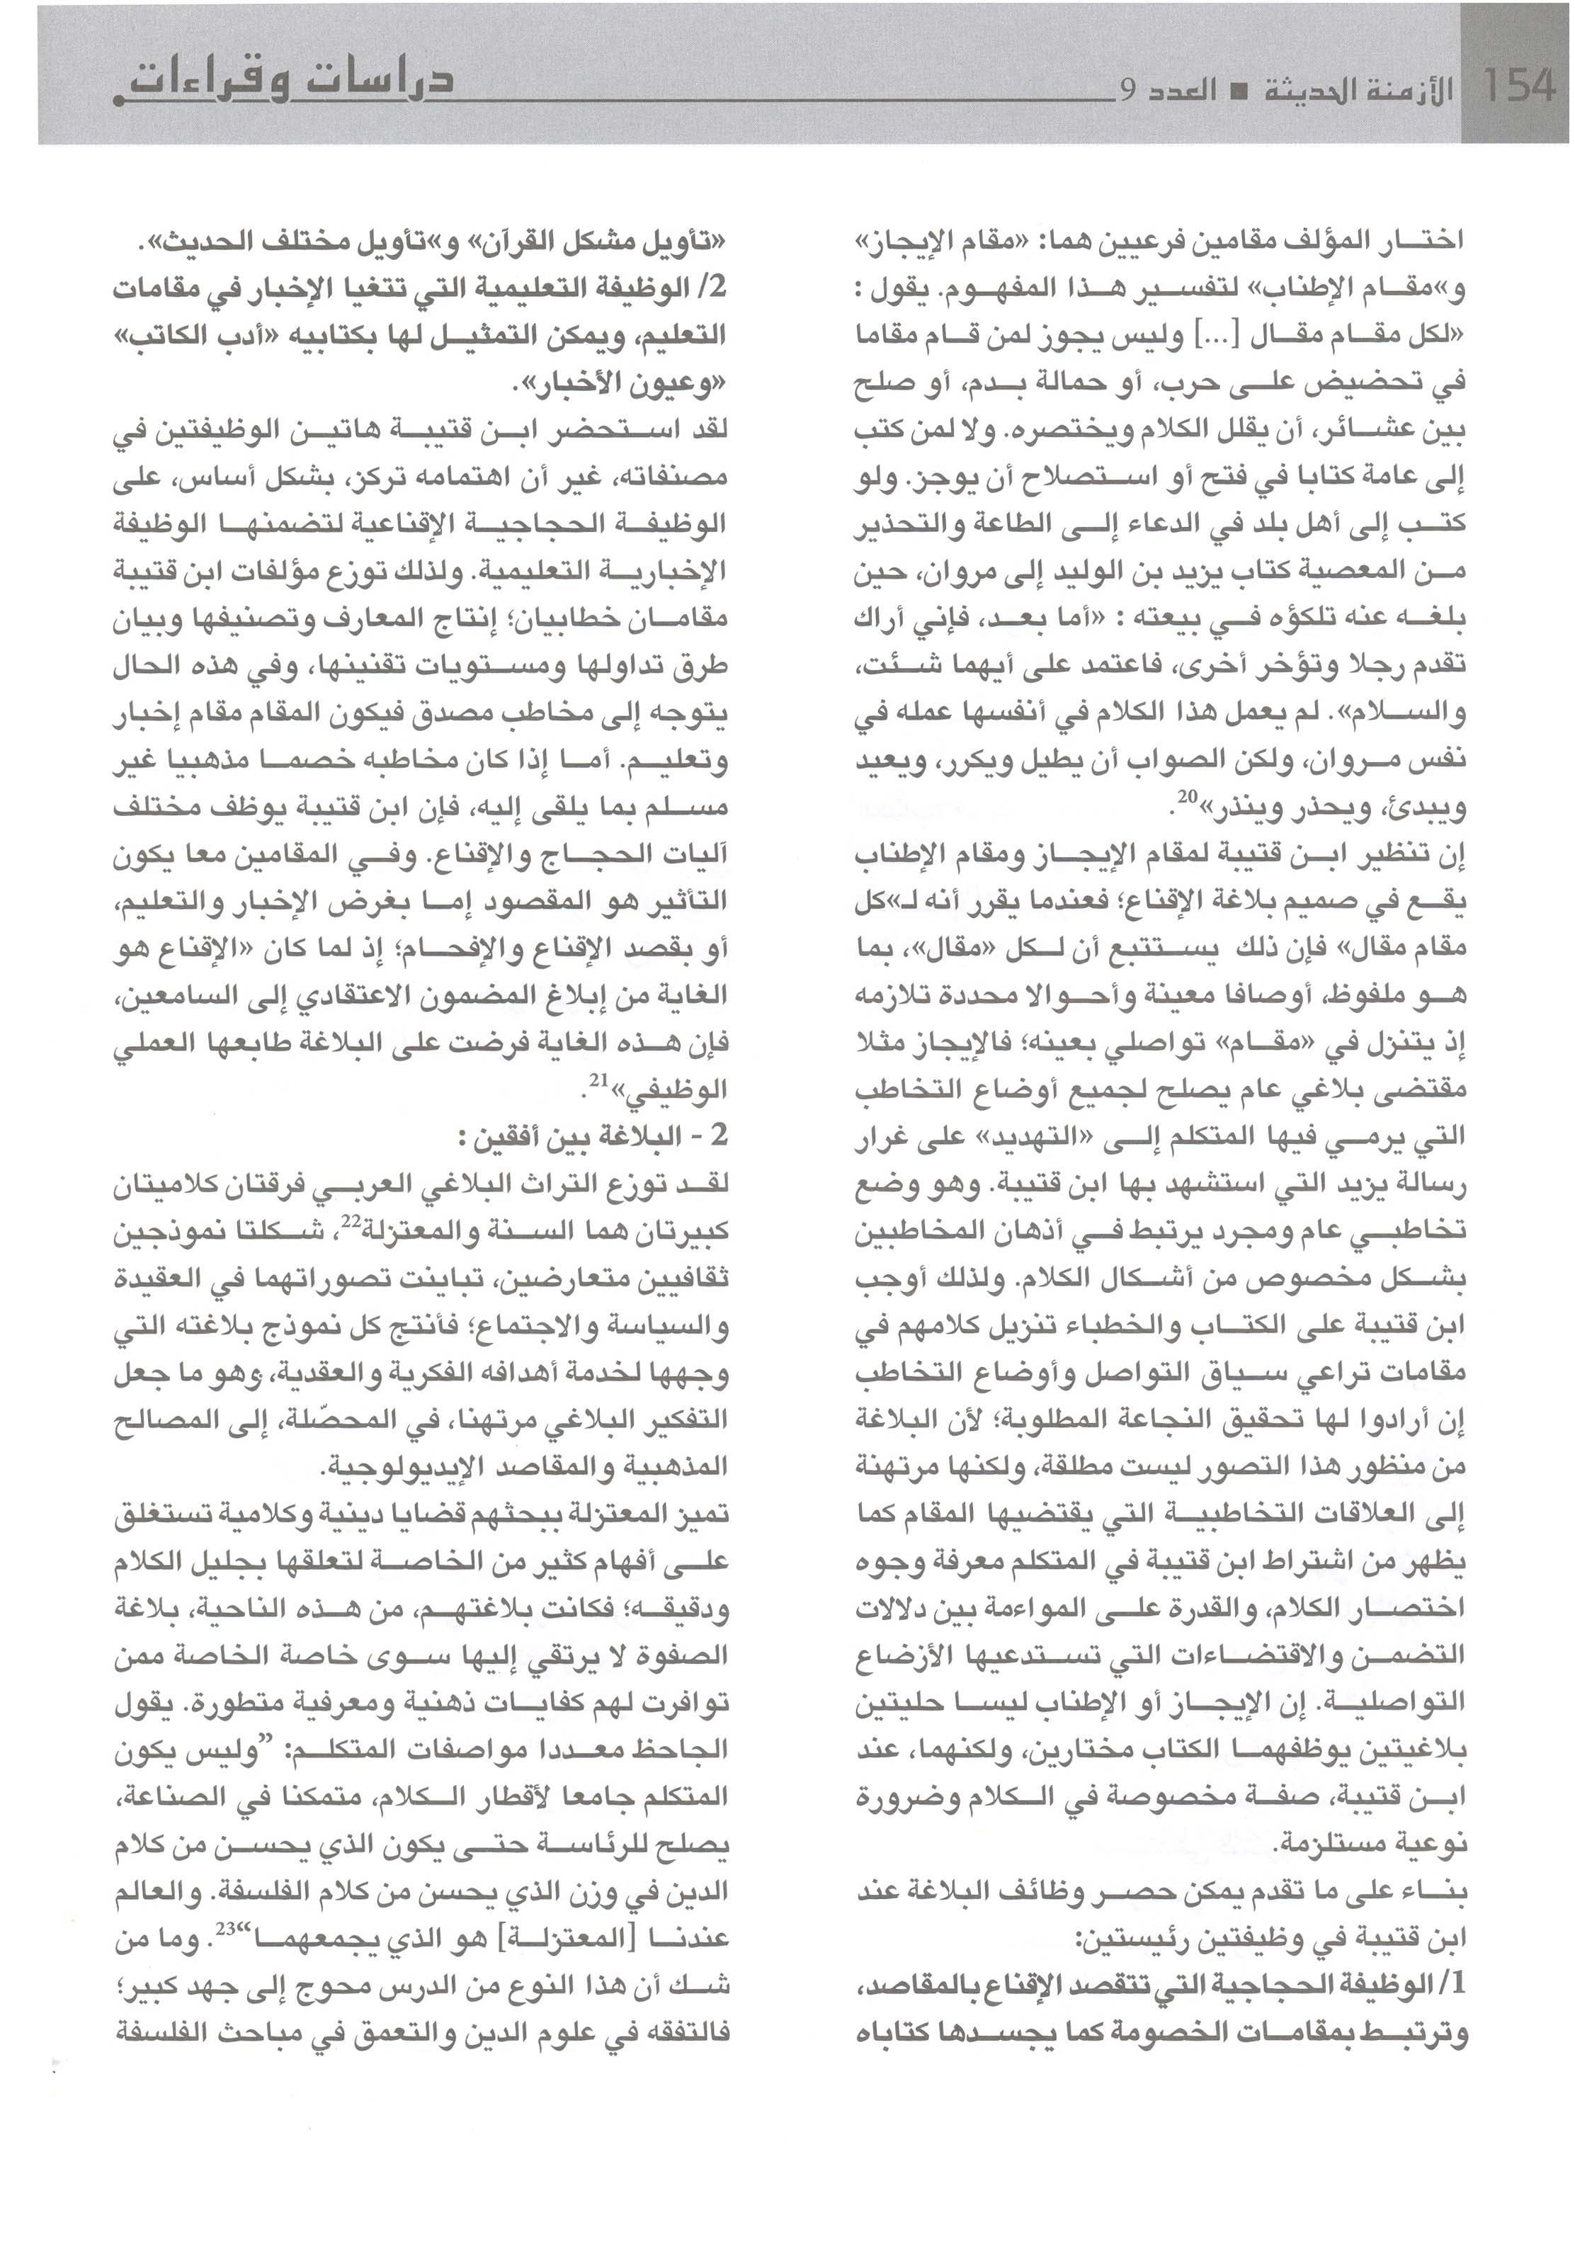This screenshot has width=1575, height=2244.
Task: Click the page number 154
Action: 1516,86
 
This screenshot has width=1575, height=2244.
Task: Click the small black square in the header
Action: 1235,93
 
